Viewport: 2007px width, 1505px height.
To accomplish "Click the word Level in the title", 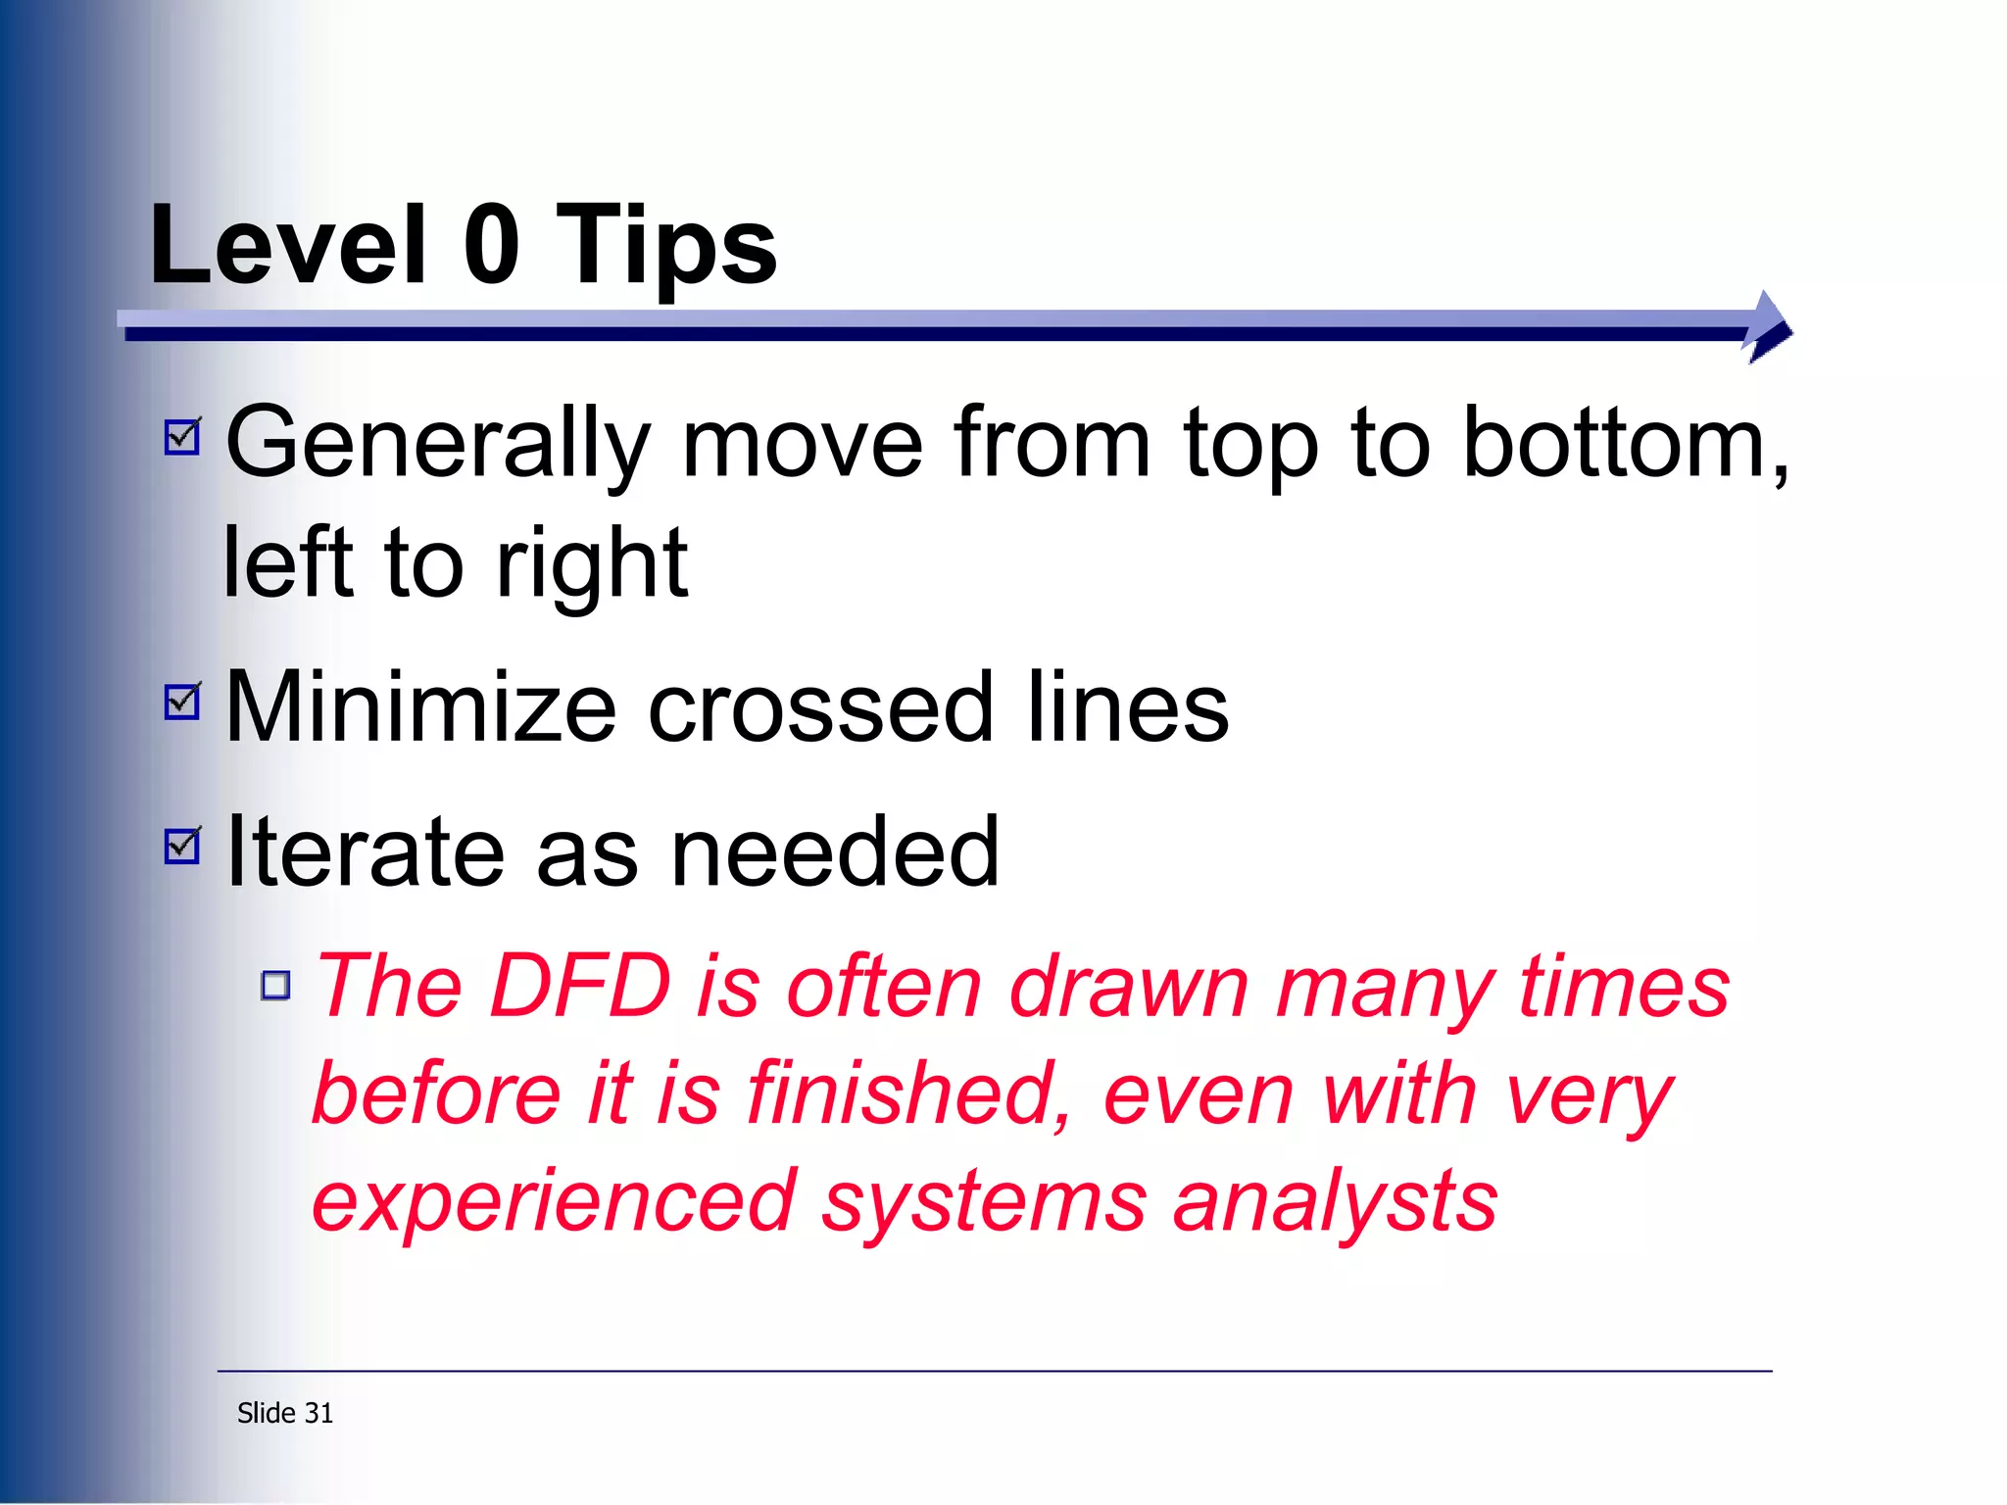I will (x=288, y=245).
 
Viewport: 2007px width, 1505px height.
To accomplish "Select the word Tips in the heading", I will (x=666, y=245).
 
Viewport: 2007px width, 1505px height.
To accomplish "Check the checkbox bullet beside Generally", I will (x=183, y=437).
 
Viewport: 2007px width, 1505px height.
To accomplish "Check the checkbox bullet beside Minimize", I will (x=183, y=701).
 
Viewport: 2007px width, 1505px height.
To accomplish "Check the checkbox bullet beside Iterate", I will (x=183, y=846).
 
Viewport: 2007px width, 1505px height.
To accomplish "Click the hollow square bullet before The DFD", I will (x=276, y=985).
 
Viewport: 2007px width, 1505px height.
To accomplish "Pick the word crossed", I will (x=819, y=707).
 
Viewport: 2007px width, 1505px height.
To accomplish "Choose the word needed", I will (x=834, y=852).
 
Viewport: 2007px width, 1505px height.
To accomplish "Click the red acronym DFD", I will (x=580, y=987).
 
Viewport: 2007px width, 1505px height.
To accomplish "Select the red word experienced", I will (x=554, y=1201).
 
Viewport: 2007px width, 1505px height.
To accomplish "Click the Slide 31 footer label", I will (x=285, y=1413).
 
